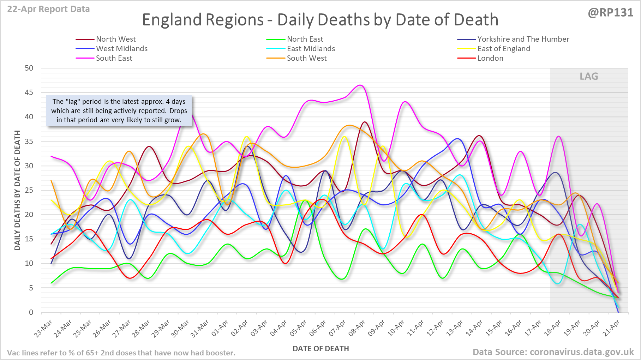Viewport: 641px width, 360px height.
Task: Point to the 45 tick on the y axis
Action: (x=29, y=92)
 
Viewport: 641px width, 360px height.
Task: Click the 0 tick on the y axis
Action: (x=31, y=312)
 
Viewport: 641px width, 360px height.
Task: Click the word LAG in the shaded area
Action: (x=589, y=76)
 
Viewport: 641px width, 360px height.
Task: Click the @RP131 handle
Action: (x=610, y=13)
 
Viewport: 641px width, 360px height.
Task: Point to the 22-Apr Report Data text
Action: (x=48, y=9)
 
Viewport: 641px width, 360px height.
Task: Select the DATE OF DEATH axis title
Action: (x=320, y=349)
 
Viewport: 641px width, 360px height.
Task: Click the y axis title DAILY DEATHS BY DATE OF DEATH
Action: (x=17, y=190)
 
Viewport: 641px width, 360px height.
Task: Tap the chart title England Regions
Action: (x=320, y=20)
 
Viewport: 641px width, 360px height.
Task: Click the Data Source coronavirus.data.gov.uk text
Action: (x=553, y=352)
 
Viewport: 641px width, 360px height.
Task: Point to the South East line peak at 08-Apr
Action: (x=360, y=85)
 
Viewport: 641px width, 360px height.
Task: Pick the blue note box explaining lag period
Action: (x=119, y=110)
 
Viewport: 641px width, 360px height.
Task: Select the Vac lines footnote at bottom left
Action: (x=121, y=353)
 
